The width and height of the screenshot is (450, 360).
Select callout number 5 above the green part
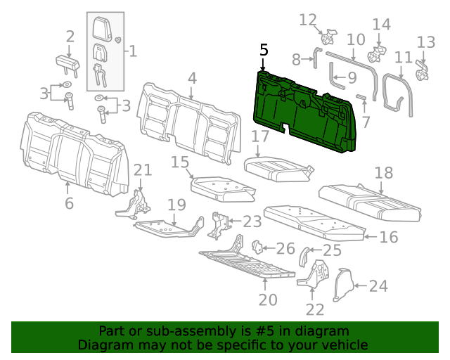point(264,50)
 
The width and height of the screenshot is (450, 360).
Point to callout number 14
point(380,25)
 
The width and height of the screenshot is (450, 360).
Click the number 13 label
point(426,41)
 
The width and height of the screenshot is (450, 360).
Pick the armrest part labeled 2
point(69,62)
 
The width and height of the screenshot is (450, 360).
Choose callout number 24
point(378,285)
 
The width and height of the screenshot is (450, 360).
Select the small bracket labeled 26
point(257,247)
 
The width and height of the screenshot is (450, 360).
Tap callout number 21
point(143,169)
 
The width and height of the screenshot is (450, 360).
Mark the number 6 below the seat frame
point(69,204)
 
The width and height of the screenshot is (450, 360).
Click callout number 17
point(260,136)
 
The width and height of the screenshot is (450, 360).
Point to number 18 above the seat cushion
point(383,173)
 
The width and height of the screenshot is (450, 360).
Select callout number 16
point(388,237)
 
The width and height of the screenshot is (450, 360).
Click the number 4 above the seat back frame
point(192,78)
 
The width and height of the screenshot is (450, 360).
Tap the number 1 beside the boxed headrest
point(131,51)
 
